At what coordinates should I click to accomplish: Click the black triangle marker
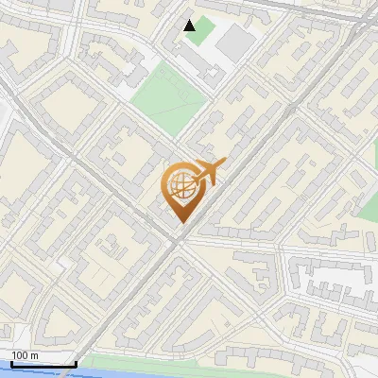(190, 25)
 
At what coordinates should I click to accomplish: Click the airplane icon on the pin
(206, 173)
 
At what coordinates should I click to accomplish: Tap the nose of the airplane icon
(223, 164)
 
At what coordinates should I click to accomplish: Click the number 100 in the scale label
(20, 355)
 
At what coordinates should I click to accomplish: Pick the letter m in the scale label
(34, 355)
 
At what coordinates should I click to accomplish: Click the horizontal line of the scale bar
(43, 364)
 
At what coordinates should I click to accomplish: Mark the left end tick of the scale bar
(10, 362)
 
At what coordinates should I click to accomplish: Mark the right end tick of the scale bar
(76, 362)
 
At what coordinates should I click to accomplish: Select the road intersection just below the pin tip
(176, 240)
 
